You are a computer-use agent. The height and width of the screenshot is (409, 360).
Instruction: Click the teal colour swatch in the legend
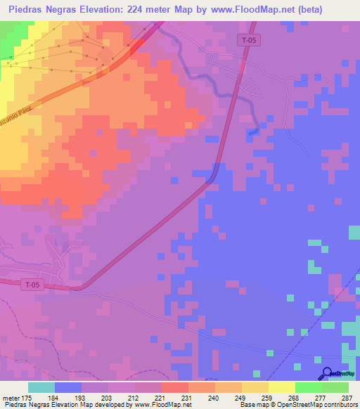point(41,387)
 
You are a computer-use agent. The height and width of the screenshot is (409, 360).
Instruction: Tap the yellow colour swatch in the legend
point(281,387)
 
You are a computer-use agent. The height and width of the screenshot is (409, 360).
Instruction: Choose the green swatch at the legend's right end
point(335,387)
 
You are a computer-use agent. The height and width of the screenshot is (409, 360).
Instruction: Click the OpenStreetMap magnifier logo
point(326,373)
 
